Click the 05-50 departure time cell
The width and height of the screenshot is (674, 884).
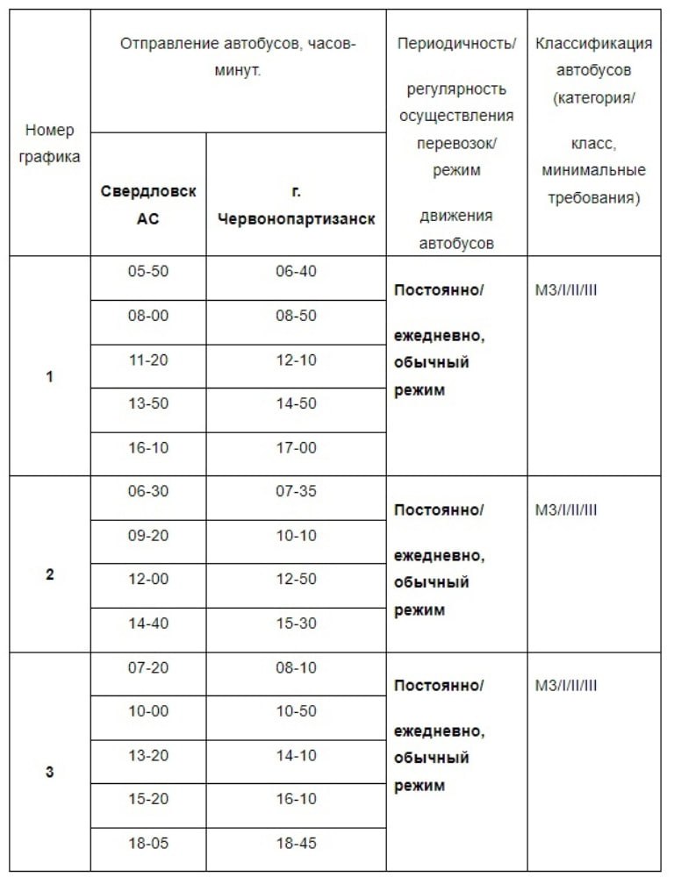[x=147, y=271]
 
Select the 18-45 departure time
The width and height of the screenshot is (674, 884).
[x=296, y=843]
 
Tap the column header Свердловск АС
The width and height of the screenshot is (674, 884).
[x=147, y=204]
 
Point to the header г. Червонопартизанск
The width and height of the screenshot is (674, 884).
[x=296, y=204]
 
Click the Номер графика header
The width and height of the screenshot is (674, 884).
[x=50, y=144]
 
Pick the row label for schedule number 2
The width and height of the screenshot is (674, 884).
[x=49, y=574]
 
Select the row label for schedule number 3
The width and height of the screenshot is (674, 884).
[x=49, y=773]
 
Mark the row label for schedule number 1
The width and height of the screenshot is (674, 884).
[x=49, y=377]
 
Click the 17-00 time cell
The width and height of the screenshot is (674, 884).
[x=296, y=447]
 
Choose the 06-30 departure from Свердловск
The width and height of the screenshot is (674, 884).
[x=147, y=491]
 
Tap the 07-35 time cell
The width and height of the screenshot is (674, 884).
[x=296, y=491]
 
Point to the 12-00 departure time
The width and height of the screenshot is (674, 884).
[x=147, y=579]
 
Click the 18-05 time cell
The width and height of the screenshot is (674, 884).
[x=147, y=843]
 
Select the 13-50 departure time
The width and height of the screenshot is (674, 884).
[x=147, y=403]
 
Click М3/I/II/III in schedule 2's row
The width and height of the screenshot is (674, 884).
[x=566, y=510]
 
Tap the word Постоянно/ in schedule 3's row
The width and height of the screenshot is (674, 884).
[x=439, y=685]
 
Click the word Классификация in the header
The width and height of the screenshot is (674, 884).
[x=593, y=43]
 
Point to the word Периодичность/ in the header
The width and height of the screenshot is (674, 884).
[x=456, y=43]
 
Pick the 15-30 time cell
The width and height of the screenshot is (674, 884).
[x=296, y=623]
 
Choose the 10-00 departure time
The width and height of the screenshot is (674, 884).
[x=147, y=711]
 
